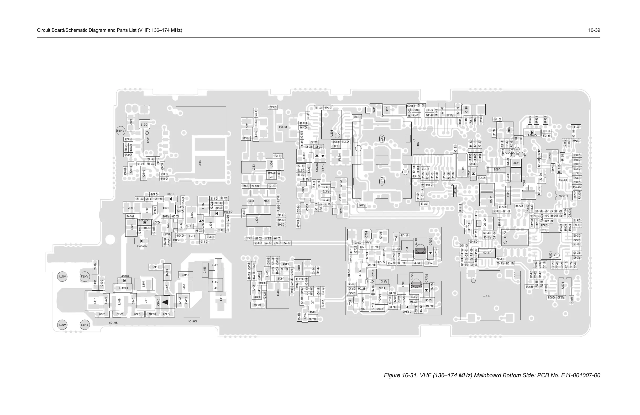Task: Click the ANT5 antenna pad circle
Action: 121,131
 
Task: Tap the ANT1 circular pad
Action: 62,276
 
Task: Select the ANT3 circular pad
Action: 85,325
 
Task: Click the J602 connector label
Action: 200,163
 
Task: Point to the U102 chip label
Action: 418,145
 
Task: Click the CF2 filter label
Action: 382,139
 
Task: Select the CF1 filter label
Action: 382,181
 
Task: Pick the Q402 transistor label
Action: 278,292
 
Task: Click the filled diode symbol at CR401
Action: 165,302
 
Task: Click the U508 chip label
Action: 563,285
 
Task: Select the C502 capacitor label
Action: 491,199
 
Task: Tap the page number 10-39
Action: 594,30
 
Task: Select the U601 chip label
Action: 148,140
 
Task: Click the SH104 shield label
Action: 192,321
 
